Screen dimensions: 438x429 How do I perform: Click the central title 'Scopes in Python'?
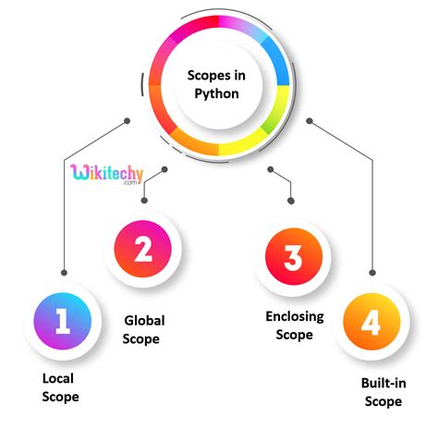[216, 84]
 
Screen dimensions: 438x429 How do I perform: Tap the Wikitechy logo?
[106, 174]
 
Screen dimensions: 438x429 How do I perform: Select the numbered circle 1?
[63, 321]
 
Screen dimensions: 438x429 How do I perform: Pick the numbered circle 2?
[142, 249]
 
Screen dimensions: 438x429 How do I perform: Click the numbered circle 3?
[294, 256]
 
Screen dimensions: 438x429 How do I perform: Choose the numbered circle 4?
[371, 322]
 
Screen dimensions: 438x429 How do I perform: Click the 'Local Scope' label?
[60, 387]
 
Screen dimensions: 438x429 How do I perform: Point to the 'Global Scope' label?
[144, 330]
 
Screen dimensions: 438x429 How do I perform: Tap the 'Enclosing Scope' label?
[295, 325]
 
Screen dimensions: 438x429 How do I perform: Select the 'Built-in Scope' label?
[383, 392]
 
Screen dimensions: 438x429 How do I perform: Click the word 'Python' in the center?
[216, 93]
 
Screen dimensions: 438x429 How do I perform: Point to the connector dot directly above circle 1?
[64, 273]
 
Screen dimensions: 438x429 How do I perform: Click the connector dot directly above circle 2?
[144, 201]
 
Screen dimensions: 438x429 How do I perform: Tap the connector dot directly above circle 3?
[291, 201]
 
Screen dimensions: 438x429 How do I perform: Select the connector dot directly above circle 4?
[372, 273]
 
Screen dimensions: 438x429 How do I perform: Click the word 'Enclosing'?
[295, 317]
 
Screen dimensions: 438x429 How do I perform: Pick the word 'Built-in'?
[383, 383]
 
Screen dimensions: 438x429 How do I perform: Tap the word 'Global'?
[144, 321]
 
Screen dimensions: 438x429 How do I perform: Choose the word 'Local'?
[58, 378]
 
